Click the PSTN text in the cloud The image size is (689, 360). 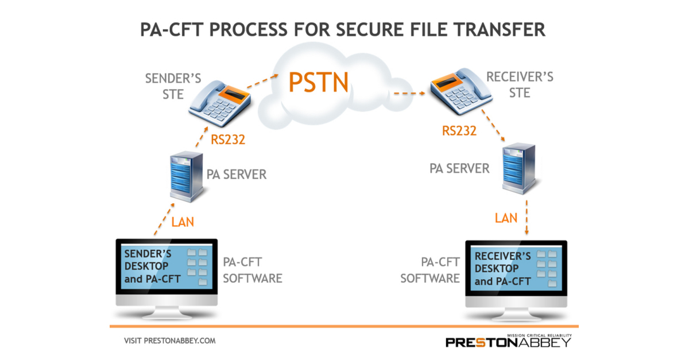tap(319, 82)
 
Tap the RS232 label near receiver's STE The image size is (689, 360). tap(459, 130)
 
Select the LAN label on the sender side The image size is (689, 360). tap(183, 220)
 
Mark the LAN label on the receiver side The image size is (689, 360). tap(506, 218)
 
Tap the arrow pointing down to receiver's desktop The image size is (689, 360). tap(527, 222)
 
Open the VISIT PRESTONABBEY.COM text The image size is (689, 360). tap(169, 340)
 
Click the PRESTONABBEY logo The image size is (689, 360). tap(509, 342)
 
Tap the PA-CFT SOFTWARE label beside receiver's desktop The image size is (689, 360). tap(430, 270)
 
